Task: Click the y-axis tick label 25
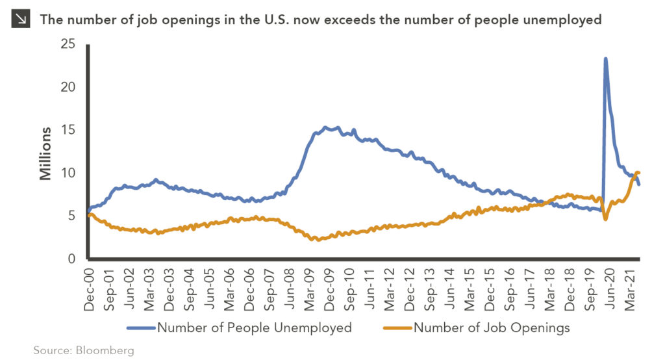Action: point(68,45)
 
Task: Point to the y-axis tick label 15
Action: point(68,131)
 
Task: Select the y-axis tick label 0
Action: point(71,259)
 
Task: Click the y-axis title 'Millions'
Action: point(45,153)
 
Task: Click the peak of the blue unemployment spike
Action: point(606,59)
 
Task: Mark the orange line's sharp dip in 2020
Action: point(605,219)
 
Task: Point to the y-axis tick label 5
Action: point(71,216)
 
